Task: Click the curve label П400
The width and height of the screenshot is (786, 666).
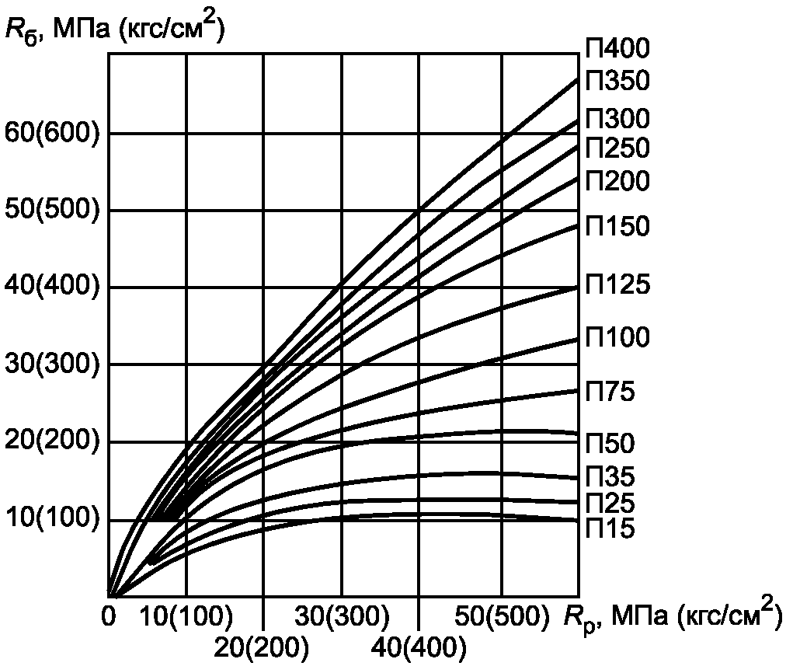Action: (617, 49)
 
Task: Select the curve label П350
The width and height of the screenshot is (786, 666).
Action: (617, 81)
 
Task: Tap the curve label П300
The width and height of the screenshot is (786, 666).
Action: (617, 119)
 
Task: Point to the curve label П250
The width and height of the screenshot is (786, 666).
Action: (617, 148)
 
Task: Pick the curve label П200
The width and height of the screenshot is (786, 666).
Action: (617, 181)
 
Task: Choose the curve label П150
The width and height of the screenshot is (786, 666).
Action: (617, 227)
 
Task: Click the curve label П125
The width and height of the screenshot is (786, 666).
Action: (617, 285)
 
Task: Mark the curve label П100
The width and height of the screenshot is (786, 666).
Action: (617, 337)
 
